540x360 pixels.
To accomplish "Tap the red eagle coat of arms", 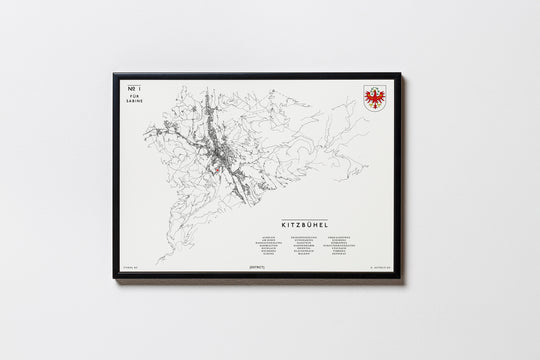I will point(375,98).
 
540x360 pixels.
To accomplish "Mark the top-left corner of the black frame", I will point(114,73).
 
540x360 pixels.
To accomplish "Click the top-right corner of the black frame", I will point(400,73).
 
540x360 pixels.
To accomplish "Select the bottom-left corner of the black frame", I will point(114,277).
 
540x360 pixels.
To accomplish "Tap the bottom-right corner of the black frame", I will point(400,277).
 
